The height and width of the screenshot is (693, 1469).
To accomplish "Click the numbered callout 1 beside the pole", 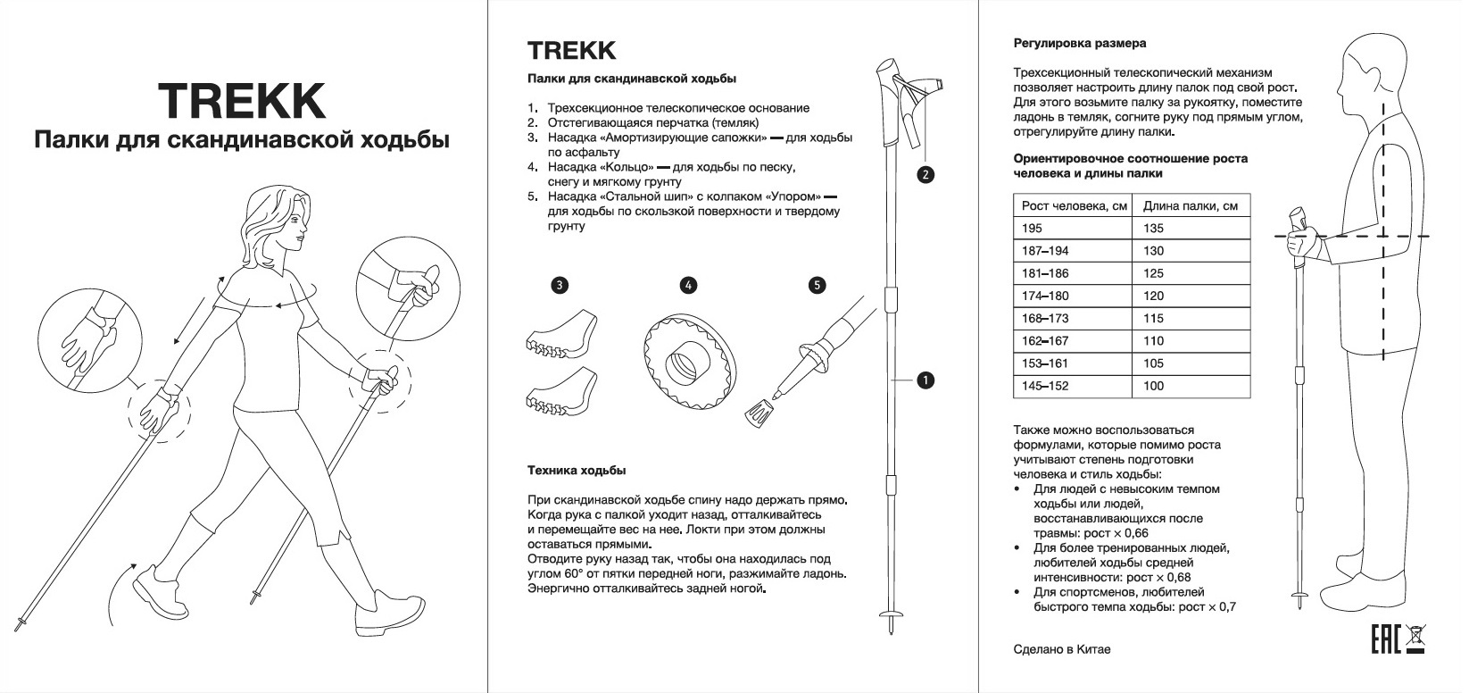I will pos(925,380).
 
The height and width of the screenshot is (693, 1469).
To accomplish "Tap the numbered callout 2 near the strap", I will pos(925,174).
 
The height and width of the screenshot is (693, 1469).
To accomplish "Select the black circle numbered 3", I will pos(559,286).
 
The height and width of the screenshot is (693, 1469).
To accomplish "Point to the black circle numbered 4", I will pos(688,286).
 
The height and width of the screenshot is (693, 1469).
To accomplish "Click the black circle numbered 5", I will pos(817,286).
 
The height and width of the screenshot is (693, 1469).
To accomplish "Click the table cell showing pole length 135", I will pos(1191,228).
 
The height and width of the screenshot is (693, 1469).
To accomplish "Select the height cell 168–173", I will pos(1072,318).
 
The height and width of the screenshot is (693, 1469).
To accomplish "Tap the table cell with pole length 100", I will pos(1191,386).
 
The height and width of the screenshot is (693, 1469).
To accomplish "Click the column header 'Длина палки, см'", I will pos(1191,205).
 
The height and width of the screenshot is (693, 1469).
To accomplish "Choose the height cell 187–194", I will pos(1072,251).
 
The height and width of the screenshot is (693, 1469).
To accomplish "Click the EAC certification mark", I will pos(1384,639).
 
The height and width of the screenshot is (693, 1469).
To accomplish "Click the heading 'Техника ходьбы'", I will pos(576,470).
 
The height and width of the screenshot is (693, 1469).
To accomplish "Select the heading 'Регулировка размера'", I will pos(1080,43).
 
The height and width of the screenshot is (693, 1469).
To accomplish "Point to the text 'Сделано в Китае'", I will pos(1062,649).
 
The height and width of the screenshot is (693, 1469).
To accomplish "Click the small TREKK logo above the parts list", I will pos(571,49).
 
